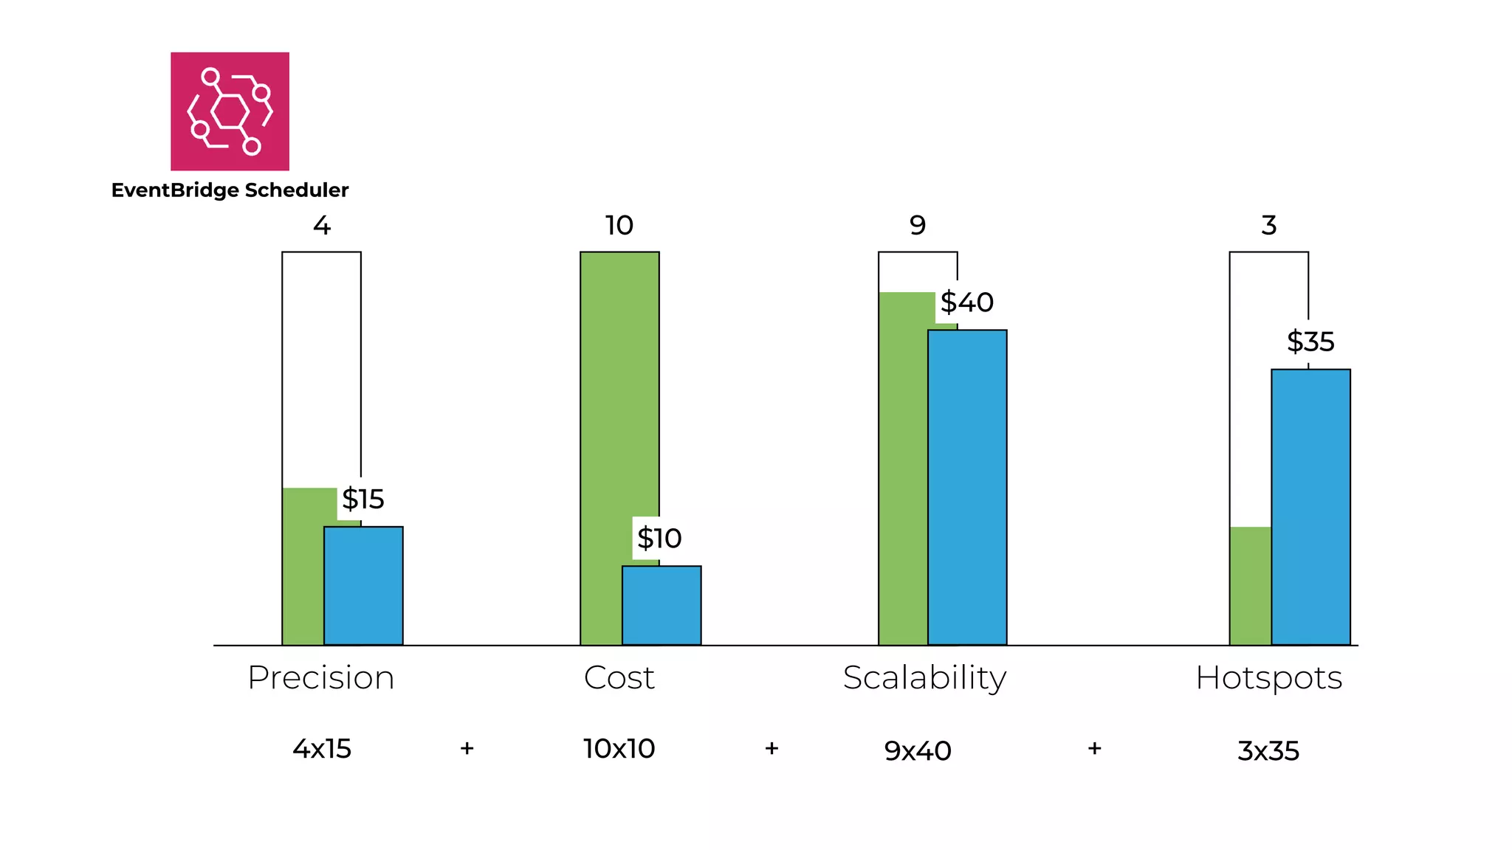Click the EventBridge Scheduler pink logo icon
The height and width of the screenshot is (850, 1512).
coord(230,111)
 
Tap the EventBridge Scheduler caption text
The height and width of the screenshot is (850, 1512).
coord(230,190)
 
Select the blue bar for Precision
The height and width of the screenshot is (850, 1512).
coord(363,586)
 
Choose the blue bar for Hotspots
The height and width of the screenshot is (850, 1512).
coord(1310,507)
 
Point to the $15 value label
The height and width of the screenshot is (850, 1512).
coord(362,500)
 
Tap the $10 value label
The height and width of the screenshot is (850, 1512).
coord(659,539)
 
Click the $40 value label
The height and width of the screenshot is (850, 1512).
coord(966,303)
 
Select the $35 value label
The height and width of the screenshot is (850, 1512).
coord(1310,342)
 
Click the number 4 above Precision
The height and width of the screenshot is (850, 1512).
coord(321,225)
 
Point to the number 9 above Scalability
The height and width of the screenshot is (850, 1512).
coord(917,225)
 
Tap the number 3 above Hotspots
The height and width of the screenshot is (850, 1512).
coord(1268,225)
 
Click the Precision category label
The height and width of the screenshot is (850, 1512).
coord(321,677)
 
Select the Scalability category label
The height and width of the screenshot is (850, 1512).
coord(924,677)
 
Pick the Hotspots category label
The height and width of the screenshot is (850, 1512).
coord(1268,677)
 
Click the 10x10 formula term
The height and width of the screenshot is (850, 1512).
coord(619,749)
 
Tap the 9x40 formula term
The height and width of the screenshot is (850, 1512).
coord(917,751)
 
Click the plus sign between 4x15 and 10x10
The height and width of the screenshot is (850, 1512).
coord(467,748)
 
